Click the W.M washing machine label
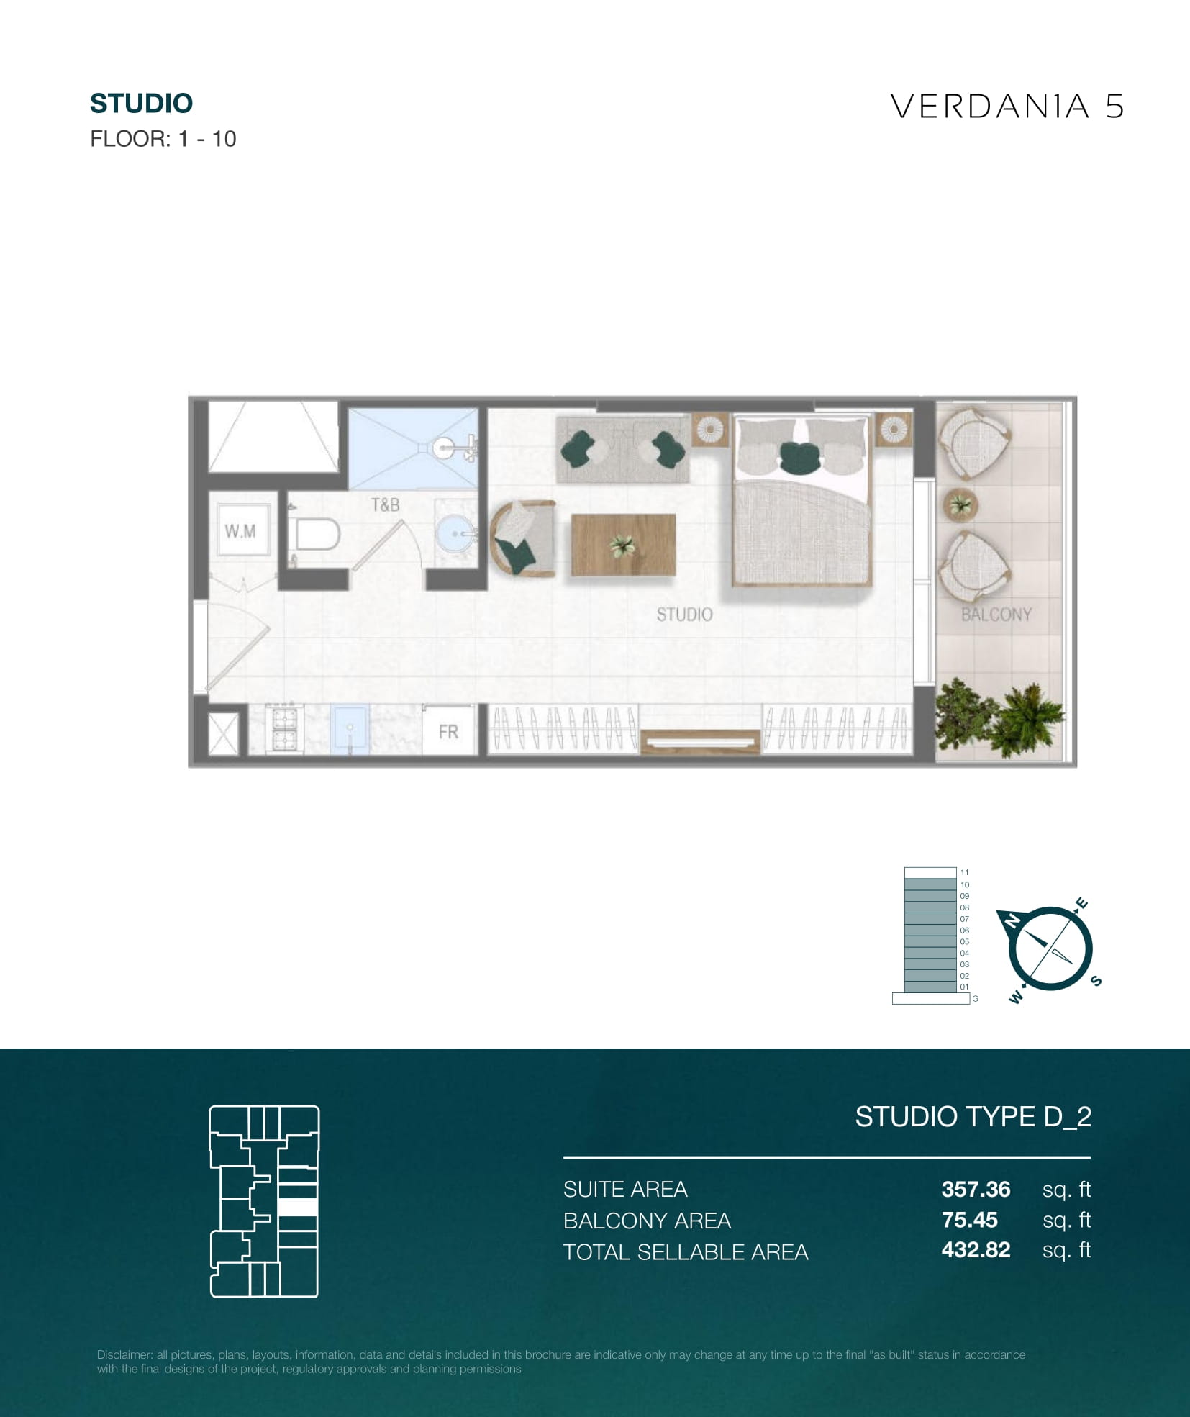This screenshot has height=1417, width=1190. tap(240, 531)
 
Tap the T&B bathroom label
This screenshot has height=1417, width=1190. tap(385, 505)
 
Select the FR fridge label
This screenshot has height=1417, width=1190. tap(448, 732)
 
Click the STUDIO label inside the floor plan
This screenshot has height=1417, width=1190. tap(684, 615)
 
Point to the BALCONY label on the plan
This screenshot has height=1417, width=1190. tap(996, 615)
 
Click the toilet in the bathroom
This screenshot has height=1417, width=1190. tap(314, 534)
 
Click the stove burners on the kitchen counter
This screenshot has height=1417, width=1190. tap(284, 728)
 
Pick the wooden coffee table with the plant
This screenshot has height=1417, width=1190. tap(624, 545)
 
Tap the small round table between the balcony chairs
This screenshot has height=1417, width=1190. tap(960, 504)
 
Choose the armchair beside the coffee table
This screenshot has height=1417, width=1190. tap(522, 539)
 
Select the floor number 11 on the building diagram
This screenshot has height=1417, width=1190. tap(965, 872)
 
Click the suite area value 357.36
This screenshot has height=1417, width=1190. tap(976, 1189)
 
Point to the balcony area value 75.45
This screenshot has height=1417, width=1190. tap(969, 1220)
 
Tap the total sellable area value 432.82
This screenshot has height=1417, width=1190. tap(976, 1250)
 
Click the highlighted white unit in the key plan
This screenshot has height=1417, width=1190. tap(297, 1207)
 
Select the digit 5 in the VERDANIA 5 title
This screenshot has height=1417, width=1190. tap(1114, 107)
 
